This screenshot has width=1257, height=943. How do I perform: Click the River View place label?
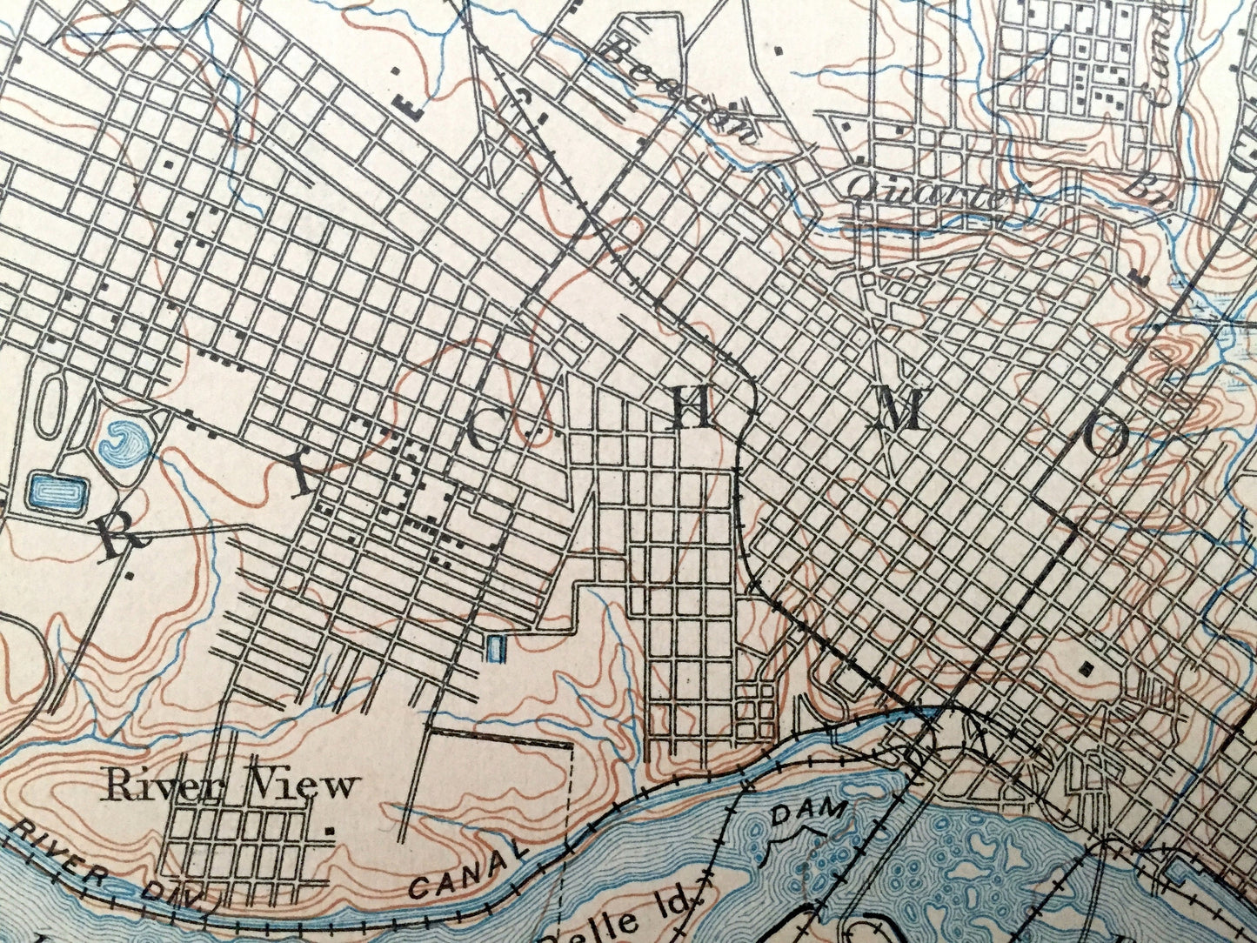(x=230, y=786)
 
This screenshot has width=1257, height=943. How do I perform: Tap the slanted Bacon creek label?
(x=679, y=91)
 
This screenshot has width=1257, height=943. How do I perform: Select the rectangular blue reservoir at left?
(x=59, y=493)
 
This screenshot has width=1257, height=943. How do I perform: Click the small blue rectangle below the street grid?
(x=495, y=648)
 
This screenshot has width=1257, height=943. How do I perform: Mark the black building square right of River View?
(x=329, y=832)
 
